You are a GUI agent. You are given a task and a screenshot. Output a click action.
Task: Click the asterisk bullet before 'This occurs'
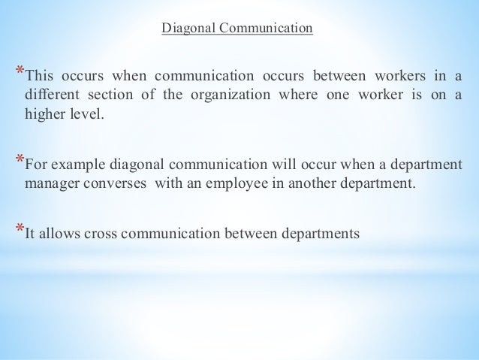tap(20, 72)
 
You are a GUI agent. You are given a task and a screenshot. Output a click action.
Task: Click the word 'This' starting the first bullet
tap(41, 77)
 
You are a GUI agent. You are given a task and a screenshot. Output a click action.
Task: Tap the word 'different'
tap(50, 98)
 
